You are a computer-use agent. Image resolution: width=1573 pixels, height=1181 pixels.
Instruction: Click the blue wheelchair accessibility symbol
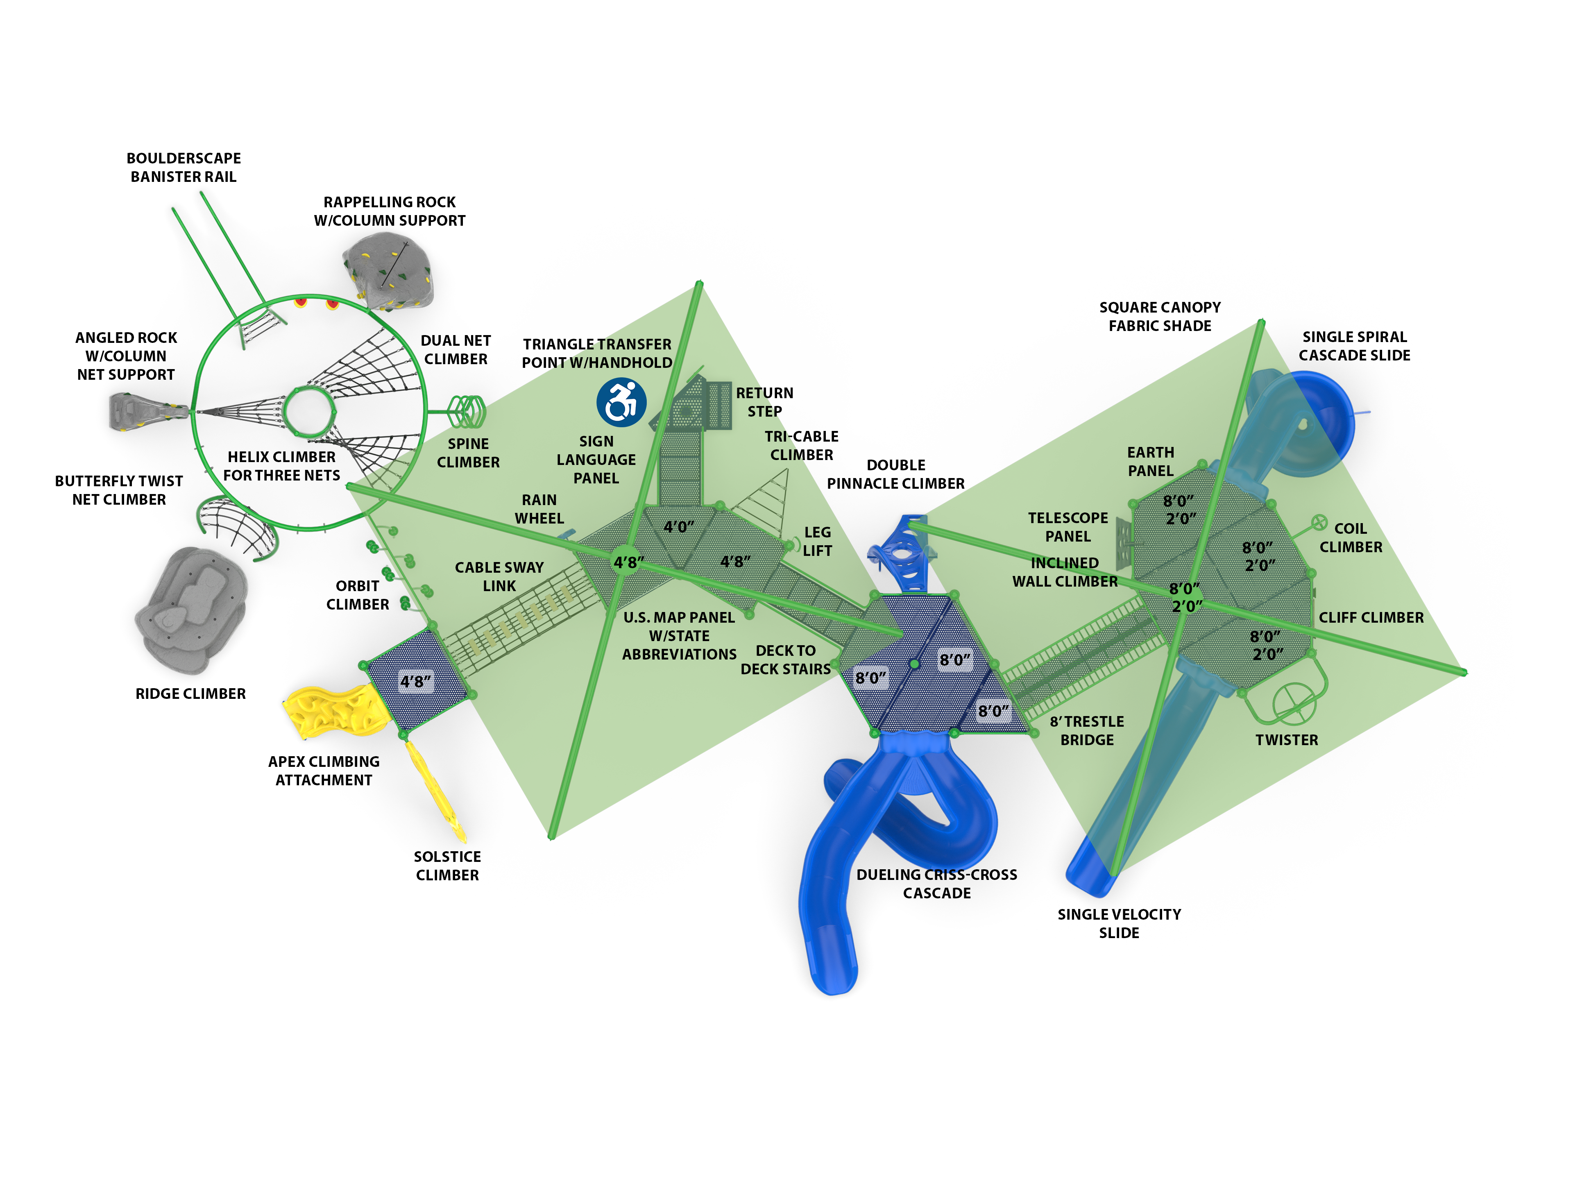pos(621,402)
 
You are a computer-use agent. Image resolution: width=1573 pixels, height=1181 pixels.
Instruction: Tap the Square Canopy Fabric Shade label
pos(1159,316)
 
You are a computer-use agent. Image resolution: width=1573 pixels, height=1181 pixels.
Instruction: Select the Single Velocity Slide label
pos(1119,923)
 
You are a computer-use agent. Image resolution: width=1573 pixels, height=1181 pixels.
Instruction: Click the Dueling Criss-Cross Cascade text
pos(936,884)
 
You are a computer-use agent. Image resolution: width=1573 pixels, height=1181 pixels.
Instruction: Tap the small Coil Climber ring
pos(1319,523)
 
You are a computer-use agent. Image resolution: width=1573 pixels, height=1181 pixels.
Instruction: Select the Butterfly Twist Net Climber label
pos(119,490)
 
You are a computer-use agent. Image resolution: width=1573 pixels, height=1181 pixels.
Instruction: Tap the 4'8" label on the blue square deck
pos(415,681)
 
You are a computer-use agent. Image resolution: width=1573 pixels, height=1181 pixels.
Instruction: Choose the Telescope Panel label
pos(1068,527)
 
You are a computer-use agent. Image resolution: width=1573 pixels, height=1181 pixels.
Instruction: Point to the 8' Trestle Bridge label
pos(1087,730)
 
